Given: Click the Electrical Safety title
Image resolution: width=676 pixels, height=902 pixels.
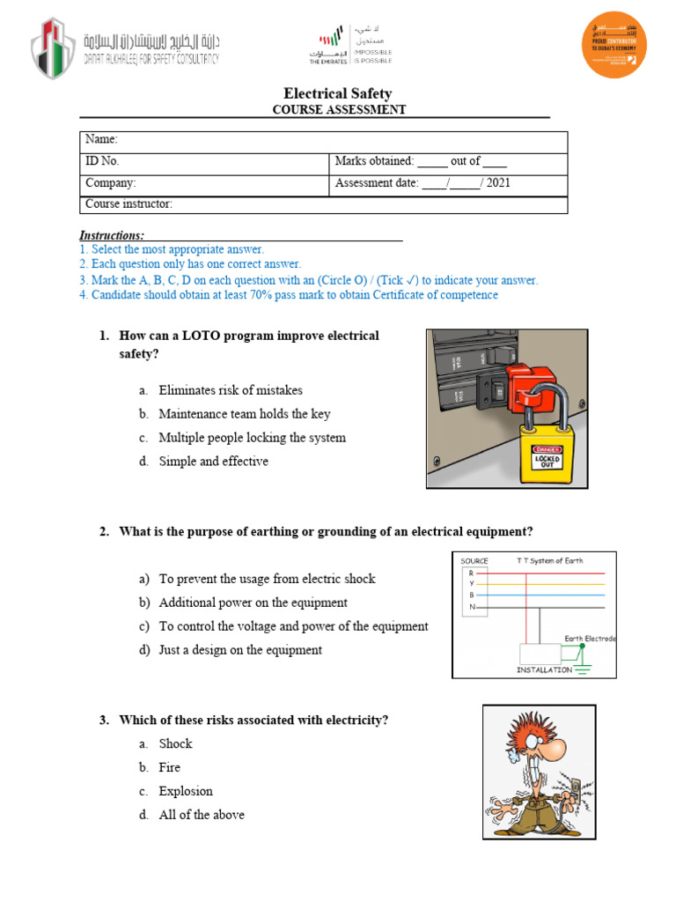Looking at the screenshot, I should pos(337,93).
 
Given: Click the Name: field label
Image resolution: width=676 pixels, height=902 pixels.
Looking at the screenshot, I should pos(101,140).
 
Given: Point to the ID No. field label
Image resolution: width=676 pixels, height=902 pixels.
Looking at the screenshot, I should pos(102,161).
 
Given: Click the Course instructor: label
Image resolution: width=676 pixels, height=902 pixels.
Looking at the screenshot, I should pos(129,204).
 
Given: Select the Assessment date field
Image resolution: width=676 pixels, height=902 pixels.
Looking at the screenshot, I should pos(422,183).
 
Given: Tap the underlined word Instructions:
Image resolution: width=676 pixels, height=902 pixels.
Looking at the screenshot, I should pos(112,235).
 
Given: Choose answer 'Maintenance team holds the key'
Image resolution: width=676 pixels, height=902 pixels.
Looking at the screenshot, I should pos(244,414).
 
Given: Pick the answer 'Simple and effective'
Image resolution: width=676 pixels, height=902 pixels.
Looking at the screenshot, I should pos(213,462).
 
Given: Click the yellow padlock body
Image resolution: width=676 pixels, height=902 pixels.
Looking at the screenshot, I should pos(547,455).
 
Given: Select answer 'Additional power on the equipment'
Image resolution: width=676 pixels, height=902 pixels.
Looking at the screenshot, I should pos(253,603).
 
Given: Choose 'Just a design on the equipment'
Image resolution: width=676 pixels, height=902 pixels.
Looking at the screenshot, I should pos(240,650).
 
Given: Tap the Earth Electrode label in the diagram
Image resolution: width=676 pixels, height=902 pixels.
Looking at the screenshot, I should pos(590,639).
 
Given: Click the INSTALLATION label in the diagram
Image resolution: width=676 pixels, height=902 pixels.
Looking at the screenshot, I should pos(543,669).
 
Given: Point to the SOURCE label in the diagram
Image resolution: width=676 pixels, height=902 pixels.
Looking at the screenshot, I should pos(474,561).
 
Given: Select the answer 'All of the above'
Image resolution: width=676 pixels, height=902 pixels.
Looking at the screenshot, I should pos(202,815).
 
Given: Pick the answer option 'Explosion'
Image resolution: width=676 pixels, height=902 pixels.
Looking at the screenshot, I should pos(186,791).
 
